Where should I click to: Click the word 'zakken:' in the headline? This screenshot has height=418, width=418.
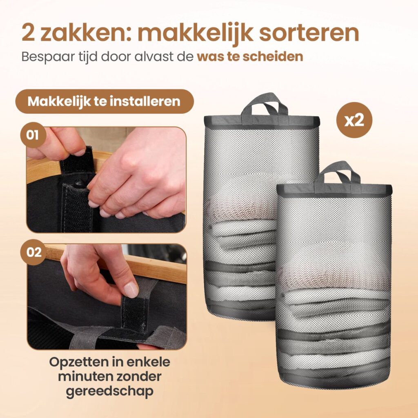tap(86, 33)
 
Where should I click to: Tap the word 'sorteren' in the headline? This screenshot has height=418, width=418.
tap(309, 33)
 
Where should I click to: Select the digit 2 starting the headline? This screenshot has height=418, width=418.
tap(28, 33)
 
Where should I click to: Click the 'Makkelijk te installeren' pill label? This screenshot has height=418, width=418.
tap(104, 101)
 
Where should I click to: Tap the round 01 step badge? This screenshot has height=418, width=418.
tap(33, 135)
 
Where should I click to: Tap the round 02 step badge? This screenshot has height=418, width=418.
tap(33, 252)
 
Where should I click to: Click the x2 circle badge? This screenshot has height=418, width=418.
tap(354, 120)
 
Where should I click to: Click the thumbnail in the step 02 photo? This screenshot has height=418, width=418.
tap(131, 290)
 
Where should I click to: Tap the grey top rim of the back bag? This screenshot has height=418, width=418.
tap(262, 121)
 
